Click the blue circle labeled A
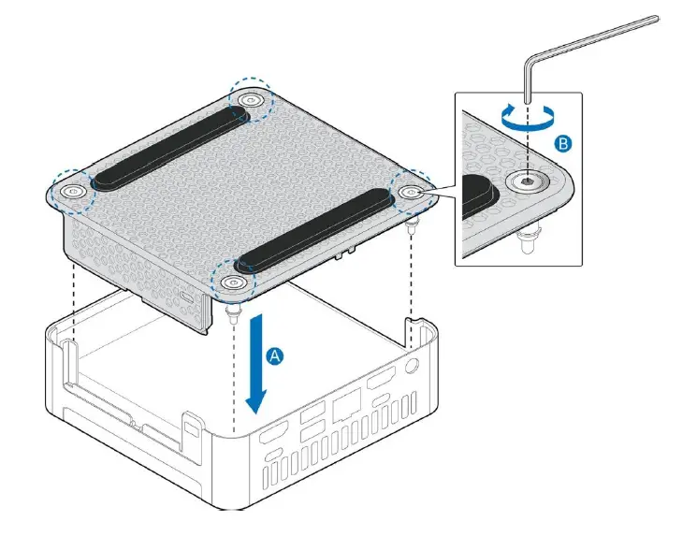[273, 356]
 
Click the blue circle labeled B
[562, 144]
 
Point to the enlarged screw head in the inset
[527, 183]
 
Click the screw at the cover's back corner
[250, 100]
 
